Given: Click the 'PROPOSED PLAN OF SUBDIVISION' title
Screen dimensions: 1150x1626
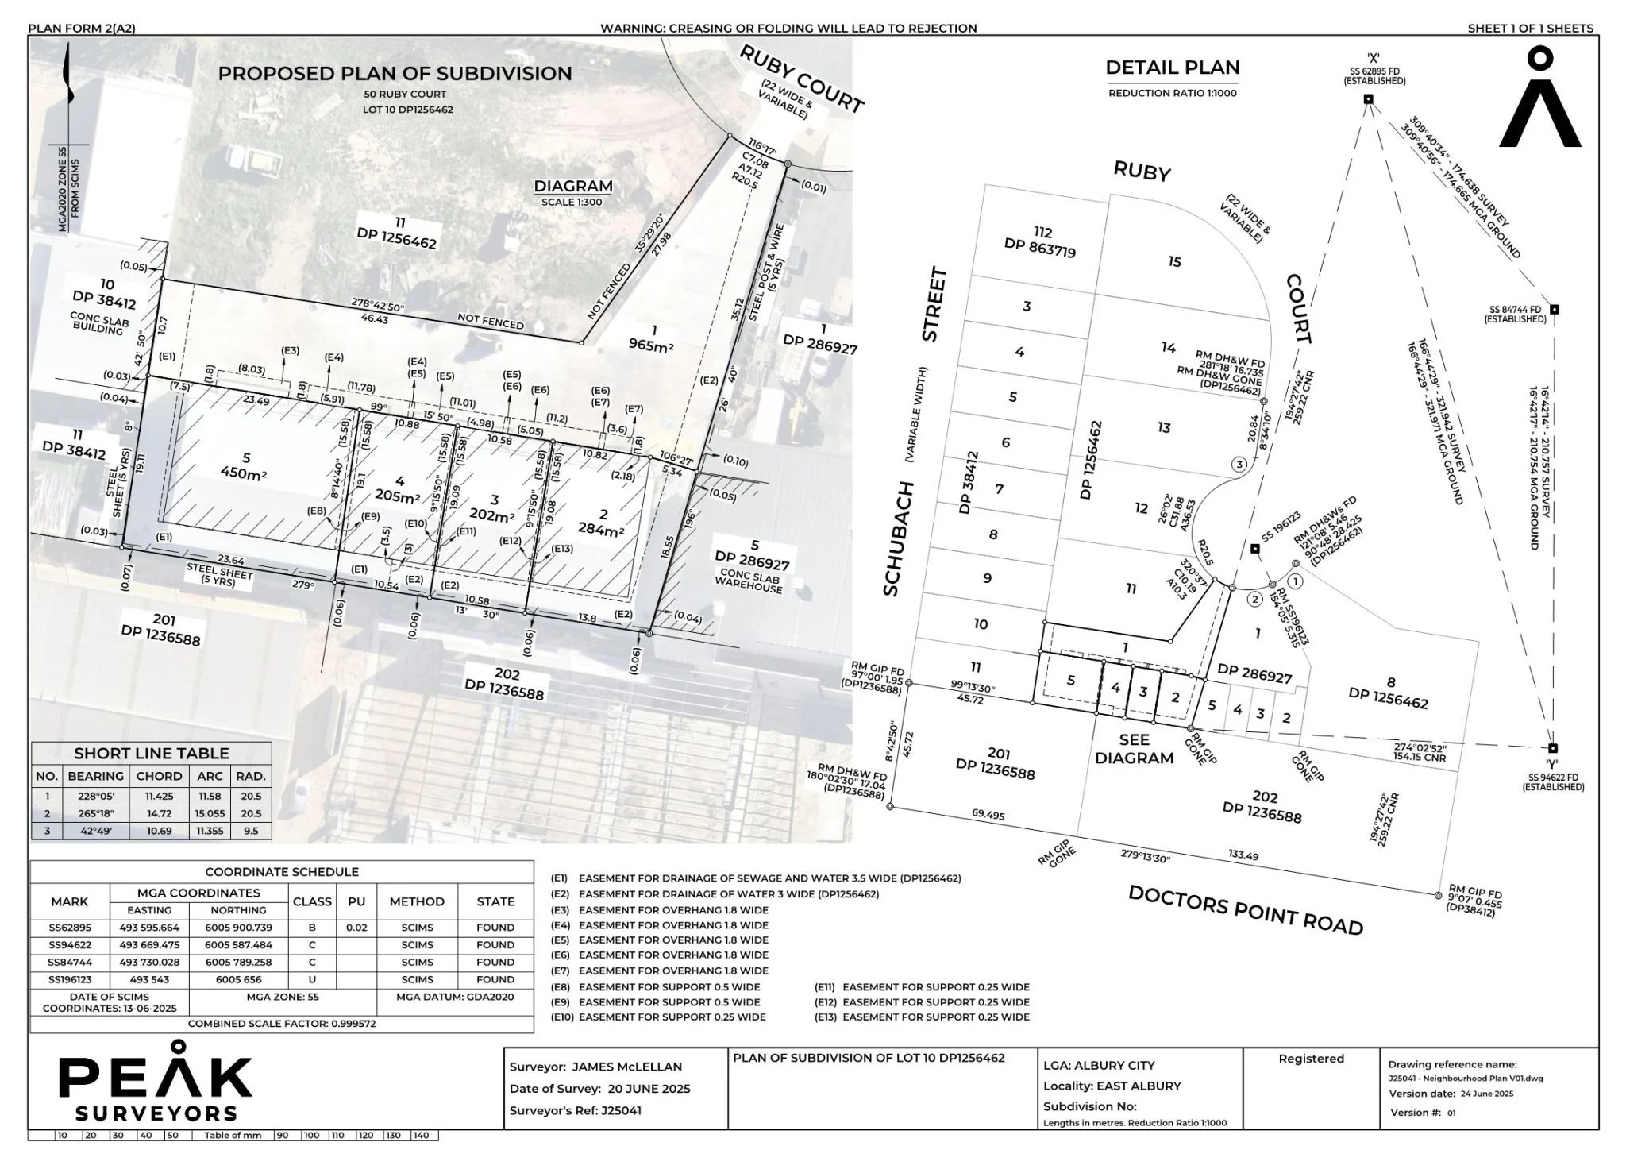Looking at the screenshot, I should pyautogui.click(x=395, y=73).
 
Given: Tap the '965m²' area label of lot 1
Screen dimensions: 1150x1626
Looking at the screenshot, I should pyautogui.click(x=651, y=345).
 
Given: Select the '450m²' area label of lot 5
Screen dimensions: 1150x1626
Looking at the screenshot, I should pyautogui.click(x=244, y=474).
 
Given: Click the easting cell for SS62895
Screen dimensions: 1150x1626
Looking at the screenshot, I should pyautogui.click(x=149, y=928).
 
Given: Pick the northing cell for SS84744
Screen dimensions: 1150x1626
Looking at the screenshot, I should pyautogui.click(x=238, y=962).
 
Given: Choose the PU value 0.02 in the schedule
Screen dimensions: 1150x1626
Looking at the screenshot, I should pyautogui.click(x=356, y=928).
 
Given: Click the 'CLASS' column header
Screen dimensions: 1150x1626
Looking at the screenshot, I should pyautogui.click(x=312, y=901).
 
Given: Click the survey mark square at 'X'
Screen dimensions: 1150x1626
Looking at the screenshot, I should pyautogui.click(x=1368, y=99).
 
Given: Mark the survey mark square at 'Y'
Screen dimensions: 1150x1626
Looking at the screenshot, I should pyautogui.click(x=1553, y=748).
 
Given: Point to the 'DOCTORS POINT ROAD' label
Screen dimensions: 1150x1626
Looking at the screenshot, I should pyautogui.click(x=1245, y=910).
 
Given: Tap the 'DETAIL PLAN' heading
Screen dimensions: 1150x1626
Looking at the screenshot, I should pyautogui.click(x=1172, y=68).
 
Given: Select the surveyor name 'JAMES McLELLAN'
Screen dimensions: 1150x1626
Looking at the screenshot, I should pyautogui.click(x=626, y=1067).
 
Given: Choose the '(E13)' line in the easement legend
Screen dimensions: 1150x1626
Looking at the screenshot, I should pyautogui.click(x=923, y=1017).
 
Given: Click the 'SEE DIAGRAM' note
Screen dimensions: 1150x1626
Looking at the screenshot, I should pyautogui.click(x=1134, y=749).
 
